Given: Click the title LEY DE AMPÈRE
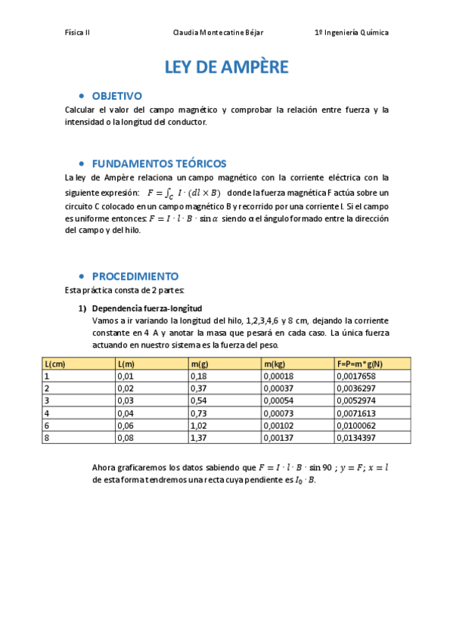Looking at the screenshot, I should click(x=226, y=67).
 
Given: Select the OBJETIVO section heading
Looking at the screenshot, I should click(x=116, y=96).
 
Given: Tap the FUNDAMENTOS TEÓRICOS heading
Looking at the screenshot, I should click(x=159, y=163).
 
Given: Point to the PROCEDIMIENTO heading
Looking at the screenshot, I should click(x=135, y=276).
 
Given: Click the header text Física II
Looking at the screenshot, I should click(x=78, y=33).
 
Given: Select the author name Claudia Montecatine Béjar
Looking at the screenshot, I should click(x=219, y=33).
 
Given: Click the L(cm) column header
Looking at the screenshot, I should click(x=55, y=364).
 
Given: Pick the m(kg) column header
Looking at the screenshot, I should click(x=275, y=364).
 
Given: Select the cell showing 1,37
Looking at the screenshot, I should click(x=199, y=437).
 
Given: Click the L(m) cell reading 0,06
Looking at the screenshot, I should click(x=126, y=425).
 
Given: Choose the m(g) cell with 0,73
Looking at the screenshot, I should click(x=199, y=413).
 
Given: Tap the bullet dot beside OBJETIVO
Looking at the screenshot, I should click(x=81, y=97).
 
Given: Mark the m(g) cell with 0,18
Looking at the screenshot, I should click(x=199, y=376).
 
